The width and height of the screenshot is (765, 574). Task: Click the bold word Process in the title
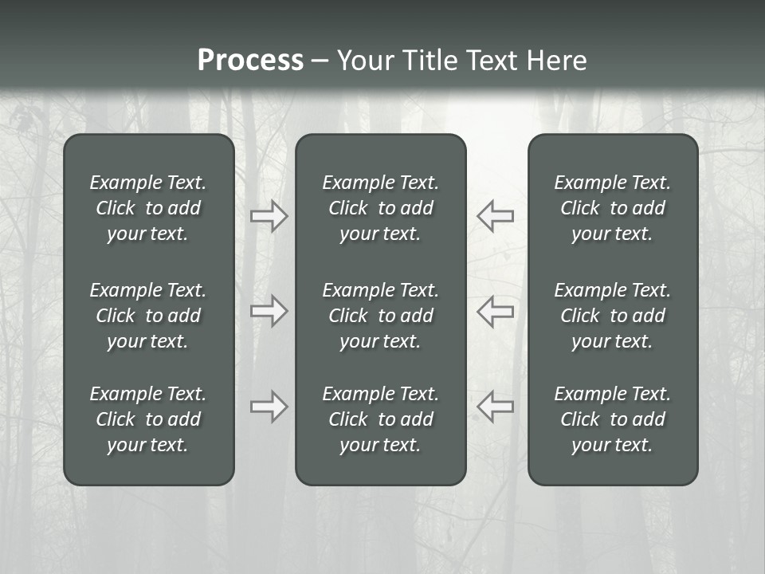coord(250,61)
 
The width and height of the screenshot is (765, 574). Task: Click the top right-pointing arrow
coord(269,216)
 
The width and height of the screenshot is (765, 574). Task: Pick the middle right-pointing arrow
coord(269,311)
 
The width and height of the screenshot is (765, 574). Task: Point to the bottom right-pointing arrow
coord(269,407)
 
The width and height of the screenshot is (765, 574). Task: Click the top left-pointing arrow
coord(496,216)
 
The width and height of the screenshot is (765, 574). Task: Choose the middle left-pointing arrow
coord(496,311)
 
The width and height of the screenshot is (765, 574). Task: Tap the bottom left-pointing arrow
coord(496,407)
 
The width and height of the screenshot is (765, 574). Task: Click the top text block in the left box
coord(148,208)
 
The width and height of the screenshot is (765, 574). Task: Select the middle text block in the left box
coord(148,316)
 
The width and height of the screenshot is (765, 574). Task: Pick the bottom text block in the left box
coord(148,419)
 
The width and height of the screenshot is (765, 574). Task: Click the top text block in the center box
coord(380,208)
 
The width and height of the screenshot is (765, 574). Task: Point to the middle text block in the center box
coord(380,316)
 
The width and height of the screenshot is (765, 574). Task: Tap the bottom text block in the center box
coord(380,419)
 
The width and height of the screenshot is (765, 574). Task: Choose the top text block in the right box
coord(612,208)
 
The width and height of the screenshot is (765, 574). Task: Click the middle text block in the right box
coord(612,316)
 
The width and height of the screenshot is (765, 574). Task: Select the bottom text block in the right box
coord(612,419)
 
